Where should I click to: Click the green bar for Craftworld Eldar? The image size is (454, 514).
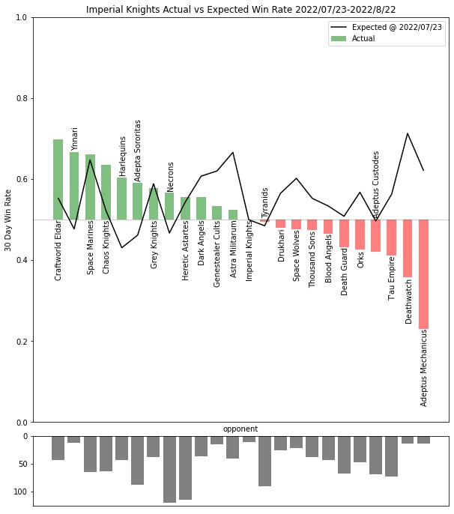pos(58,179)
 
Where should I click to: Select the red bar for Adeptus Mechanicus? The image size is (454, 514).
pos(424,273)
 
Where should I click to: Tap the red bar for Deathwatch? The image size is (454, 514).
pos(408,248)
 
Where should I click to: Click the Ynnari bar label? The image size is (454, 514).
pos(74,139)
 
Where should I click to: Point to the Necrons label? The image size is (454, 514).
pos(170,177)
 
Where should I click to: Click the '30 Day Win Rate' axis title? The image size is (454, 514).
pos(8,220)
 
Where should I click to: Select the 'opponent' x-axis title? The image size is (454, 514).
pos(240,429)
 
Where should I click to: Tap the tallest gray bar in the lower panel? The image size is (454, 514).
pos(169,469)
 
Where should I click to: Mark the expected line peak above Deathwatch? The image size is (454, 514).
pos(408,133)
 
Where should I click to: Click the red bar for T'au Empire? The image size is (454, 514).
pos(391,238)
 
